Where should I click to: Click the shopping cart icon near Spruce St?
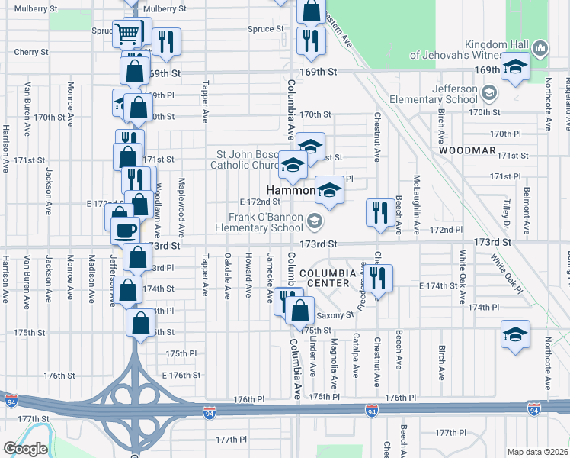click(x=126, y=33)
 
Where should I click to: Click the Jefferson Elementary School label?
click(x=433, y=93)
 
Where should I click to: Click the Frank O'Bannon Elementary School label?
click(x=259, y=222)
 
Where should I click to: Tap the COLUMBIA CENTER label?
click(x=328, y=278)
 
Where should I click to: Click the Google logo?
click(x=25, y=449)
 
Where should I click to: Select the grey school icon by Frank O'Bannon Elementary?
click(x=315, y=222)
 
